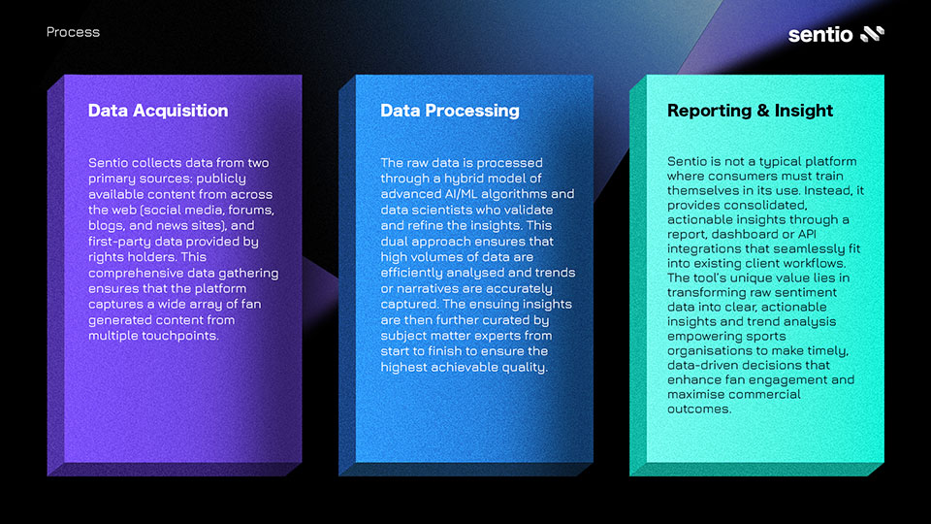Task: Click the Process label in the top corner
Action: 73,32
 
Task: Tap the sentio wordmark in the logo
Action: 820,35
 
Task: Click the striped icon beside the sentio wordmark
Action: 872,34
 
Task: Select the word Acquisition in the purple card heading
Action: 180,111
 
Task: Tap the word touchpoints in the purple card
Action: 183,336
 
